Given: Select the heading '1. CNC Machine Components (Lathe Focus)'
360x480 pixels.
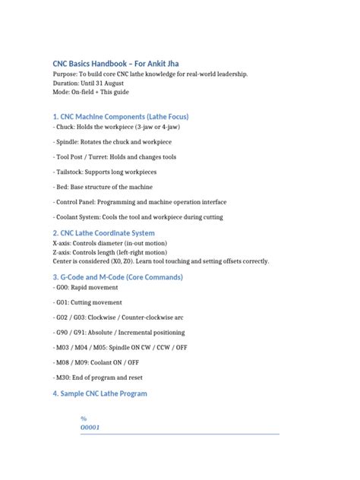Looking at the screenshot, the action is (120, 116).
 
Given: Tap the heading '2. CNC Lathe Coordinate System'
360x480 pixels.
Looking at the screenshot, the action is (103, 232).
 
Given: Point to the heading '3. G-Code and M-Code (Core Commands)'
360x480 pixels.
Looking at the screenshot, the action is (118, 277).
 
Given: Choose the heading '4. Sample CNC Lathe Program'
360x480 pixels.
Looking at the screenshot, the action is (99, 393).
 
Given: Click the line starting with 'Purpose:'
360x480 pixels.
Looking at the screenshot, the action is (150, 75).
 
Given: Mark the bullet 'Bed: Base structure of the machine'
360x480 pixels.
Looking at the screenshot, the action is (103, 188).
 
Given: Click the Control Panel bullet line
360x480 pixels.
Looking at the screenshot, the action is (140, 202).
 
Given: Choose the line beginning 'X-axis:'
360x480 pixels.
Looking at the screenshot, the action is (111, 243).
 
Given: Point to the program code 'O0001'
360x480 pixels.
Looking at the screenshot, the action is (91, 427).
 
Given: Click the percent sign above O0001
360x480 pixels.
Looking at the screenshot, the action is (84, 418).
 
